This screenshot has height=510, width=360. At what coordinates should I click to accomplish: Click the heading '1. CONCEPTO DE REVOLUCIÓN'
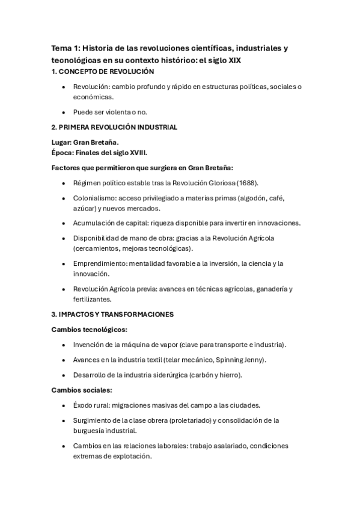[99, 71]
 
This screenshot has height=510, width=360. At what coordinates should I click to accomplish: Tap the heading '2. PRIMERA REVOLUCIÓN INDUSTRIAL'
[114, 127]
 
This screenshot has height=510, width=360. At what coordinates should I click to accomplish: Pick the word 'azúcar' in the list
[84, 208]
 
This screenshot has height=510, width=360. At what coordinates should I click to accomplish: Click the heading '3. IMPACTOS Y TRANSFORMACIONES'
[113, 314]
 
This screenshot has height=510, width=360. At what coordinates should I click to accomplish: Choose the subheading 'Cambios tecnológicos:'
[89, 330]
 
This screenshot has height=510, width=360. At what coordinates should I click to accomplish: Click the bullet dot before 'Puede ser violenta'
[64, 112]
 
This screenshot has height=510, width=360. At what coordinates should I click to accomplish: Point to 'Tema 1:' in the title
[65, 48]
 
